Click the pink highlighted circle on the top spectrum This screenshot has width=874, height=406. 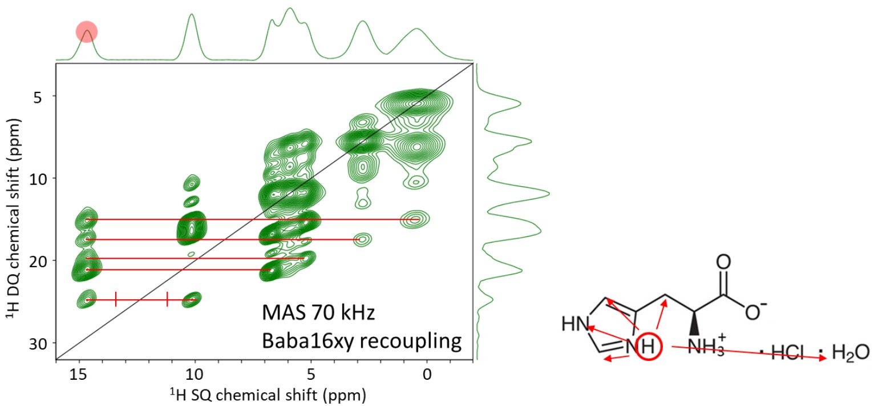pos(87,32)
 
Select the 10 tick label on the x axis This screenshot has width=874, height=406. pos(195,373)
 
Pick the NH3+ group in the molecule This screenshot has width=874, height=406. pos(705,347)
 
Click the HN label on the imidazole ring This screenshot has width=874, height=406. pos(575,324)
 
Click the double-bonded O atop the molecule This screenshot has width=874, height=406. pos(723,263)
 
